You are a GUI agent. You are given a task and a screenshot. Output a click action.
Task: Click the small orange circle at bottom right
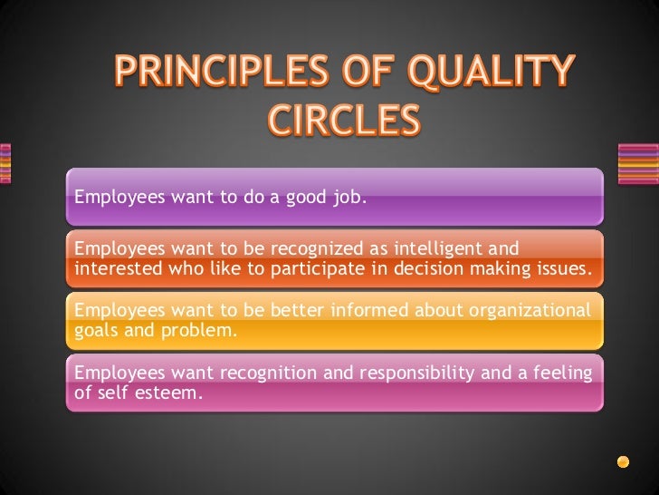pyautogui.click(x=623, y=461)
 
